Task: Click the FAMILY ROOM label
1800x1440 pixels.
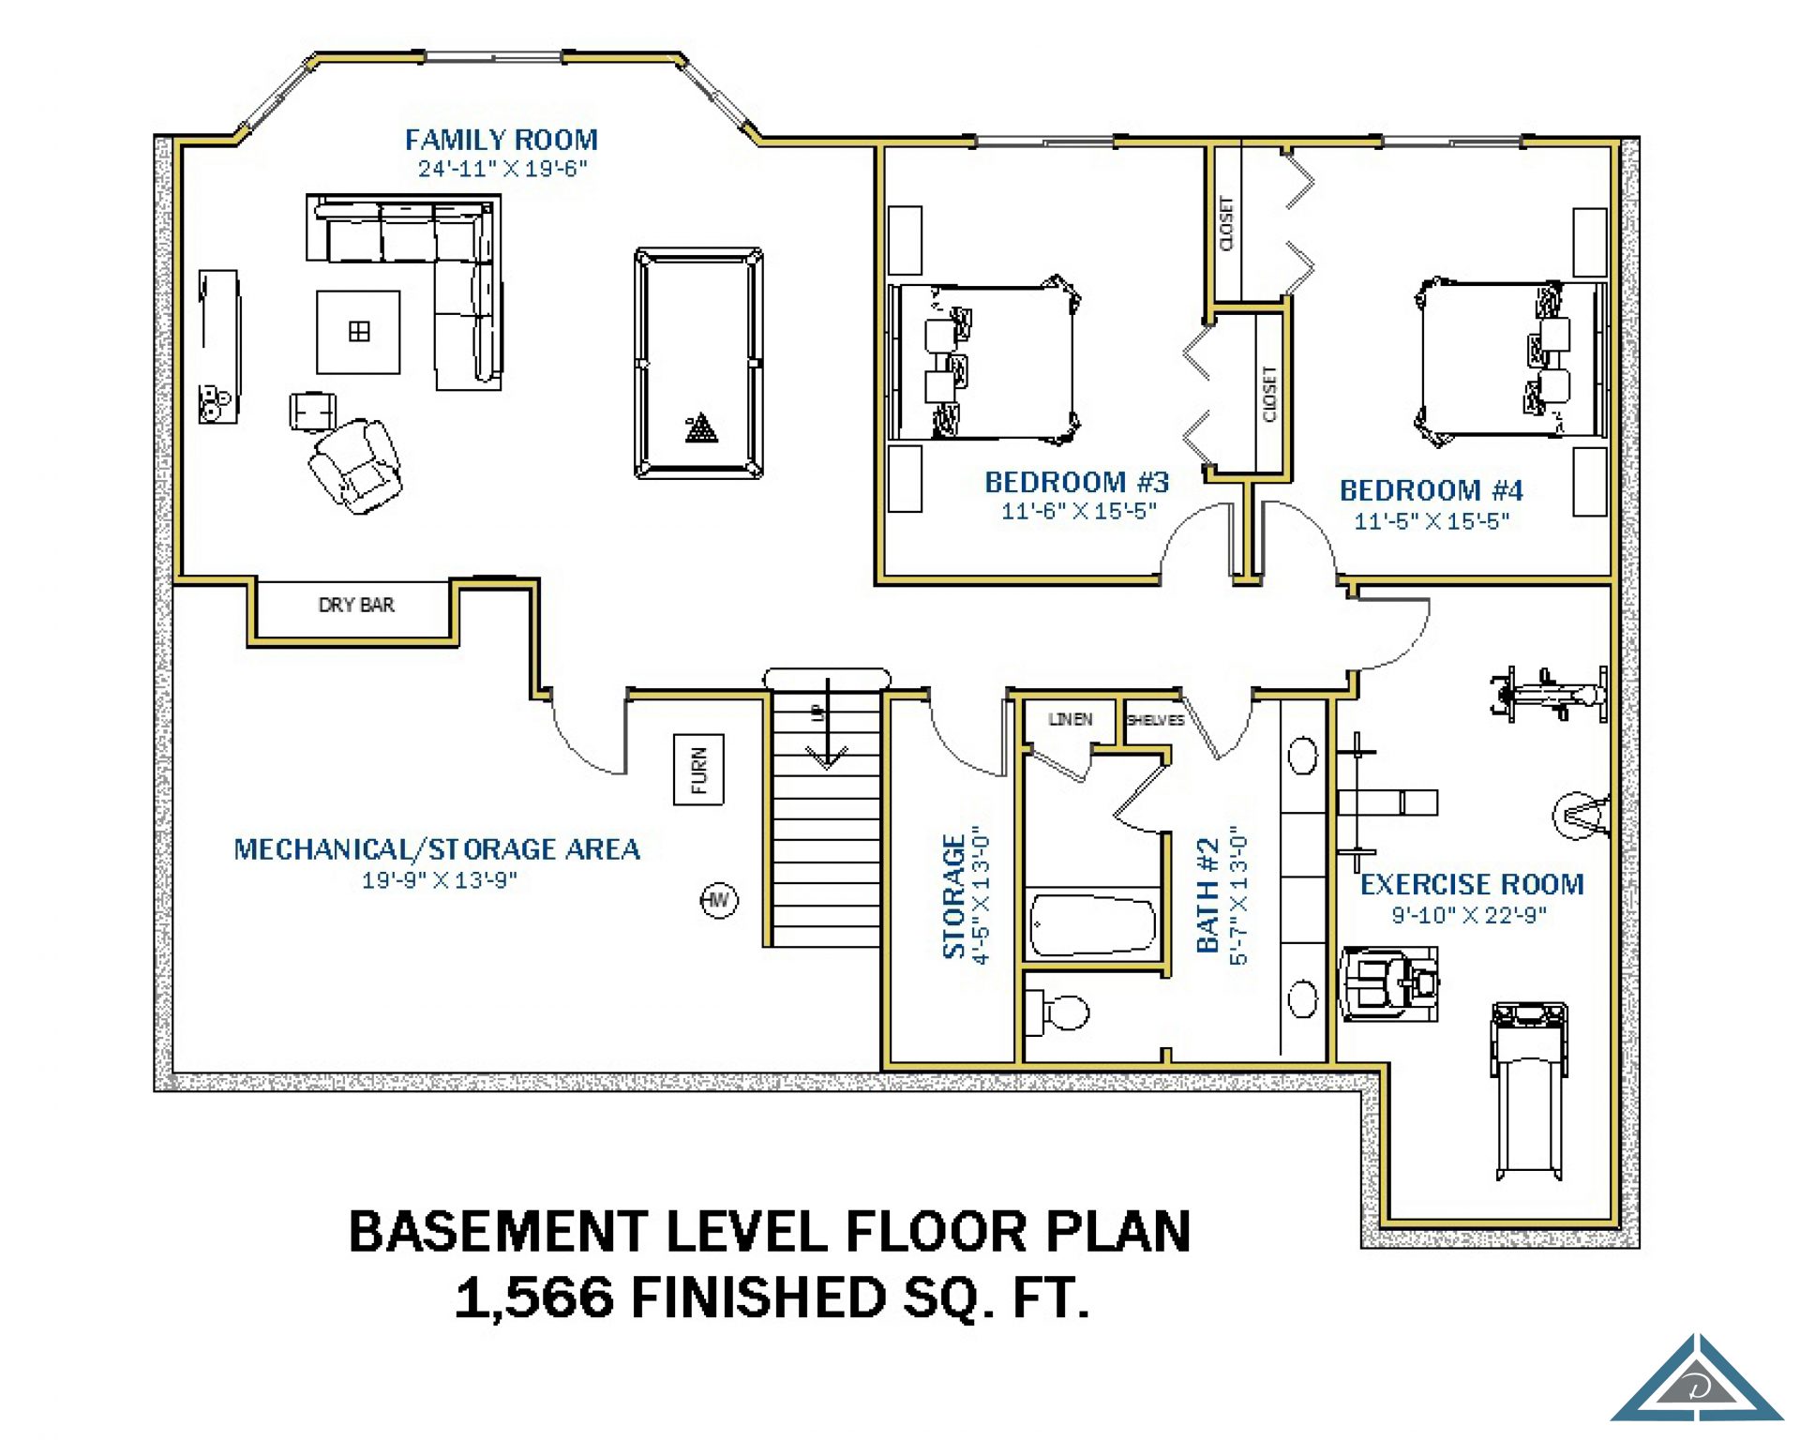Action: [501, 140]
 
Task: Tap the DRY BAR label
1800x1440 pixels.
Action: [356, 605]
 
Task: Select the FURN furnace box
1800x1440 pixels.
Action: [698, 770]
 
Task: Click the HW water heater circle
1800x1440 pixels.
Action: [719, 900]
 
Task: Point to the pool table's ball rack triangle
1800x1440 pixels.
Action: [701, 428]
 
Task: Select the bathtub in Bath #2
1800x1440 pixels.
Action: [1093, 925]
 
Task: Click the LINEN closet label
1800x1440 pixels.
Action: [1071, 719]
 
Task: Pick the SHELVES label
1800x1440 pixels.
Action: [1155, 720]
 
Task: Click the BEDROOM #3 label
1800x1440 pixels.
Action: [1076, 482]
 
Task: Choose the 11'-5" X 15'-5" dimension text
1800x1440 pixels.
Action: [1432, 521]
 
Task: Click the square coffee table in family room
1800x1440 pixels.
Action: [358, 332]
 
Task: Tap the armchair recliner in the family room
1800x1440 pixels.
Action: [356, 466]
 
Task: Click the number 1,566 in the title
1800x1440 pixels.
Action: [534, 1297]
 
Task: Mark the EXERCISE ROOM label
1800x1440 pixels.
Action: [1472, 884]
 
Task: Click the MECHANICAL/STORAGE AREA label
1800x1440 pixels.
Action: [437, 849]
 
